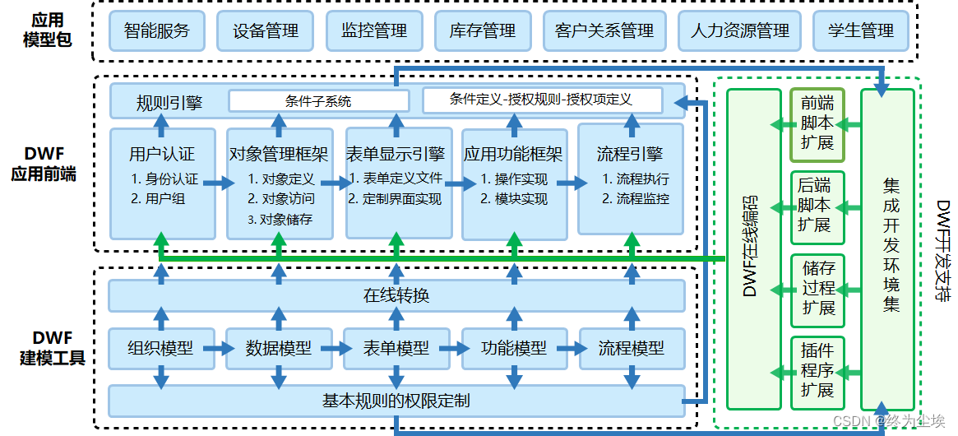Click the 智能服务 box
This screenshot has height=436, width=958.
pos(157,31)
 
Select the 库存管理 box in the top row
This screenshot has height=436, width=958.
pos(483,31)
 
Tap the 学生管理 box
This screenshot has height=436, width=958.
pos(861,31)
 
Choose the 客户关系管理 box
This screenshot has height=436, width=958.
pos(604,31)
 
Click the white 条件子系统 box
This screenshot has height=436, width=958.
pos(318,101)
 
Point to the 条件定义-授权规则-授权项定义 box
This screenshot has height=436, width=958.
pos(541,100)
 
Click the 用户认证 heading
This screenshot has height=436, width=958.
pos(162,154)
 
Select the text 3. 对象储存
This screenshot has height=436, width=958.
pos(280,220)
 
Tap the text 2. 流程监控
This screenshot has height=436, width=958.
pos(635,198)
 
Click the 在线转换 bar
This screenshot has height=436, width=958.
pos(396,295)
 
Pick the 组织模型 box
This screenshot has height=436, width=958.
pos(161,348)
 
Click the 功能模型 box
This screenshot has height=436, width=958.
pos(514,348)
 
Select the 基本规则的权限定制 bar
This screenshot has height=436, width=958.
pos(396,401)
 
